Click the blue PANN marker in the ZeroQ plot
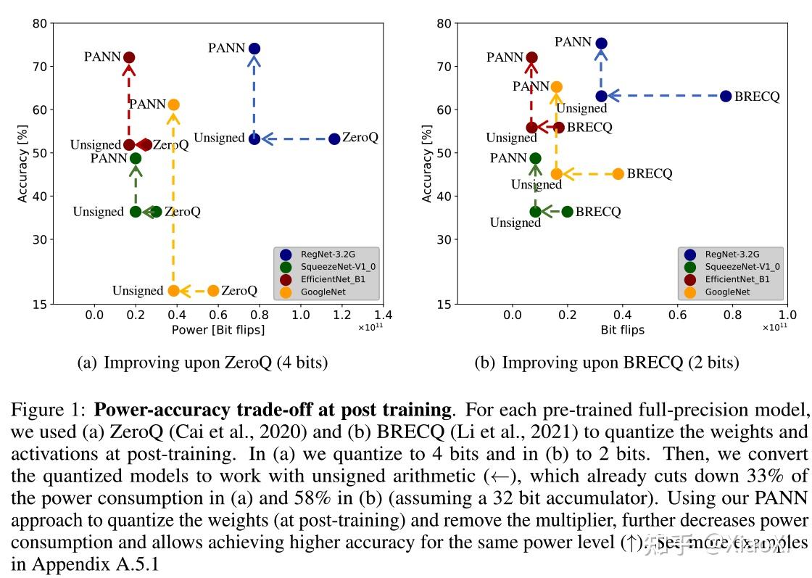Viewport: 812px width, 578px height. tap(254, 49)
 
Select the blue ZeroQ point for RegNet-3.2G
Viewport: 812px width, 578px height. tap(334, 139)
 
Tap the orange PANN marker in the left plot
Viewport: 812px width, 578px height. tap(173, 104)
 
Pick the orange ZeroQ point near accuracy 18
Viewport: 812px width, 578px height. tap(213, 291)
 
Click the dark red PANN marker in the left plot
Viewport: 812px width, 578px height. tap(129, 57)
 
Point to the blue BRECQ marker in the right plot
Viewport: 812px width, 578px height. tap(726, 96)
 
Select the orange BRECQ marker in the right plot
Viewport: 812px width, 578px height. tap(618, 174)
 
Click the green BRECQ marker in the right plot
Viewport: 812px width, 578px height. tap(567, 212)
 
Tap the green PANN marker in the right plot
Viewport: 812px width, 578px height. tap(535, 158)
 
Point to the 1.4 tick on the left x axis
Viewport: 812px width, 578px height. tap(384, 315)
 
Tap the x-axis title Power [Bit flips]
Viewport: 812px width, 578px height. tap(218, 330)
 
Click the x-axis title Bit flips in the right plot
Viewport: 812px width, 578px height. tap(622, 330)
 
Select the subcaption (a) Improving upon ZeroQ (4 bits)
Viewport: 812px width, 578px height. tap(202, 363)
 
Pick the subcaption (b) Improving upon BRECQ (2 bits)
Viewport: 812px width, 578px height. tap(607, 363)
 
